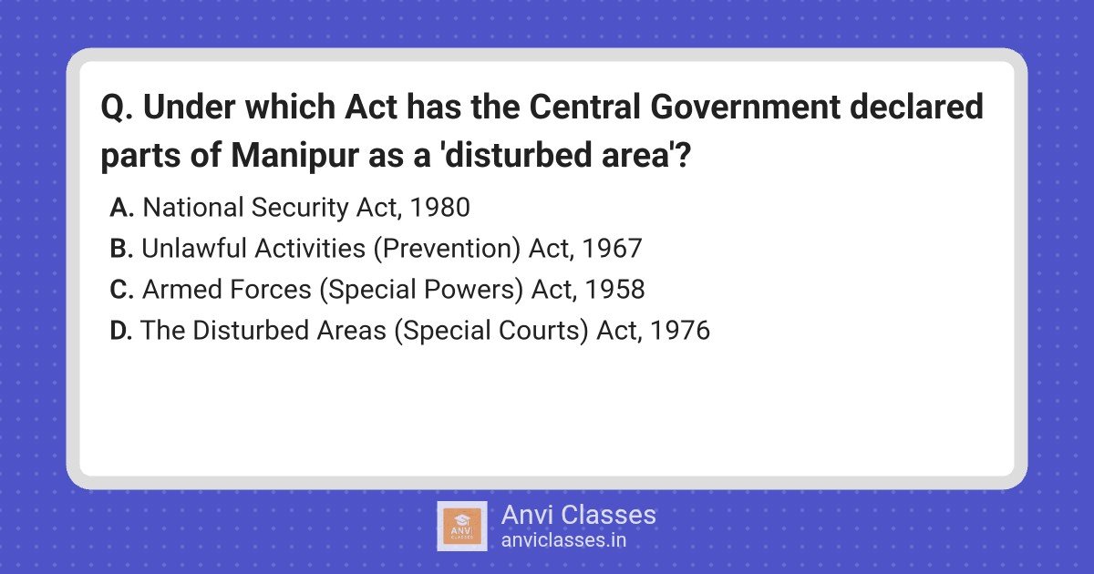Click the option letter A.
point(121,208)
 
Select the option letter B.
point(121,249)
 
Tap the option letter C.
point(121,290)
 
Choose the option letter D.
point(121,331)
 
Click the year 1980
point(440,208)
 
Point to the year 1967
point(612,249)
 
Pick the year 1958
point(614,290)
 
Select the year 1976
point(680,331)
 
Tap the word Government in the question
point(746,107)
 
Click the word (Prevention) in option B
point(447,249)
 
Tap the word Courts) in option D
point(543,331)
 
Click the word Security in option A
point(300,209)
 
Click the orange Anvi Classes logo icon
point(462,527)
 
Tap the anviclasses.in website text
point(563,540)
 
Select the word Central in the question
point(584,107)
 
